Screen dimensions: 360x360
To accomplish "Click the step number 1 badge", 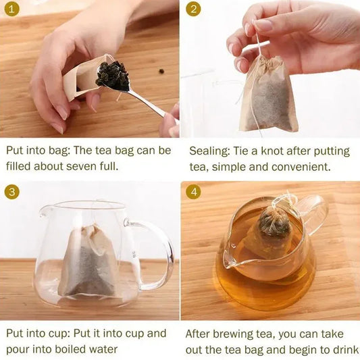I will pyautogui.click(x=11, y=9).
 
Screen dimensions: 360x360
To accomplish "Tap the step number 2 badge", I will pyautogui.click(x=194, y=9).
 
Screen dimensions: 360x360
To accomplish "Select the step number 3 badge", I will pyautogui.click(x=11, y=192).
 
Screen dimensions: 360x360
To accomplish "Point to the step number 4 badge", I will pyautogui.click(x=194, y=192).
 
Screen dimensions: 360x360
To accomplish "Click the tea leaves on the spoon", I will pyautogui.click(x=112, y=74).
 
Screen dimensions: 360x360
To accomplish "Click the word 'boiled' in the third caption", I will pyautogui.click(x=83, y=349).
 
